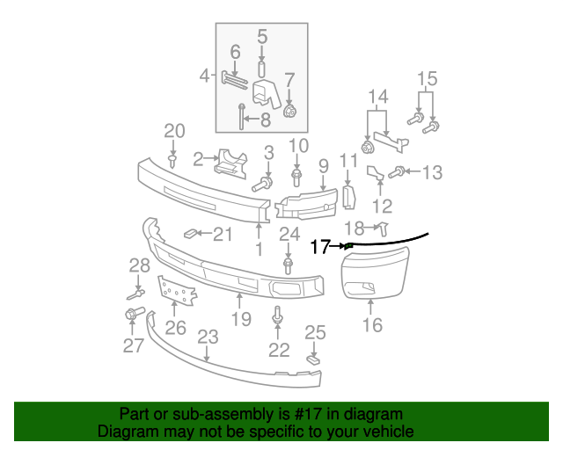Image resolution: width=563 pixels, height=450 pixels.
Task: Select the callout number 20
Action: point(174,132)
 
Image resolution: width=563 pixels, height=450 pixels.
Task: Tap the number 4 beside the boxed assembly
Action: point(204,76)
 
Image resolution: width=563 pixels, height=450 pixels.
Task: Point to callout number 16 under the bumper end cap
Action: point(372,325)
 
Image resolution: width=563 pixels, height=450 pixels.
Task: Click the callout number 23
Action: point(208,336)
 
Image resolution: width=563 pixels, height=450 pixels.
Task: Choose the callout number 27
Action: point(133,345)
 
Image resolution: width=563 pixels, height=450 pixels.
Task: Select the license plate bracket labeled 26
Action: point(176,291)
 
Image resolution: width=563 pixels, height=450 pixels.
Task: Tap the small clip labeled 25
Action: point(312,359)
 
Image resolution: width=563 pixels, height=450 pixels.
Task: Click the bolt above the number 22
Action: point(278,314)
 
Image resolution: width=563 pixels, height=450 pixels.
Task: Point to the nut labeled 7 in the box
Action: point(289,112)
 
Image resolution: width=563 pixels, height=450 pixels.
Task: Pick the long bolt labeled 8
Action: point(240,114)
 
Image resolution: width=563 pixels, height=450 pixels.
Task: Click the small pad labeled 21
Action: point(190,234)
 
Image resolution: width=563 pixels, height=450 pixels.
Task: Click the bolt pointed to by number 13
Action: point(396,172)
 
